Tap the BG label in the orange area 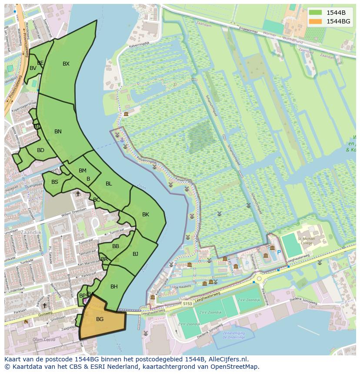click(x=100, y=319)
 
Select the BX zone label click(x=66, y=64)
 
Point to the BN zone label click(x=58, y=132)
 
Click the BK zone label click(x=146, y=215)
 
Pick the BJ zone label click(x=135, y=254)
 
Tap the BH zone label click(x=114, y=287)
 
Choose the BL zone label click(x=109, y=184)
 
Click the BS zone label click(x=55, y=182)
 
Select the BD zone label click(x=40, y=150)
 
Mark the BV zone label click(x=33, y=68)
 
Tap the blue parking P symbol click(x=279, y=252)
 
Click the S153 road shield click(x=187, y=304)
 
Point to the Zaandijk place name click(x=30, y=232)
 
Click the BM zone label click(x=83, y=171)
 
